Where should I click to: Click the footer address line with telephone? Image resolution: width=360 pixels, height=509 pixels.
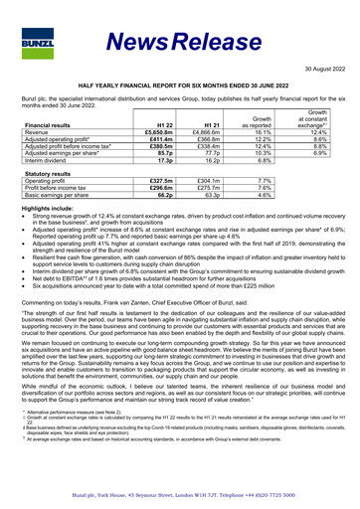pyautogui.click(x=180, y=492)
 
